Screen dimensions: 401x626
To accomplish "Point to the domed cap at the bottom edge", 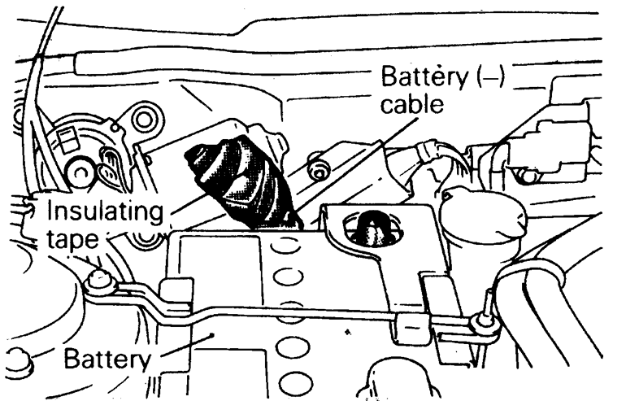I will point(389,382).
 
